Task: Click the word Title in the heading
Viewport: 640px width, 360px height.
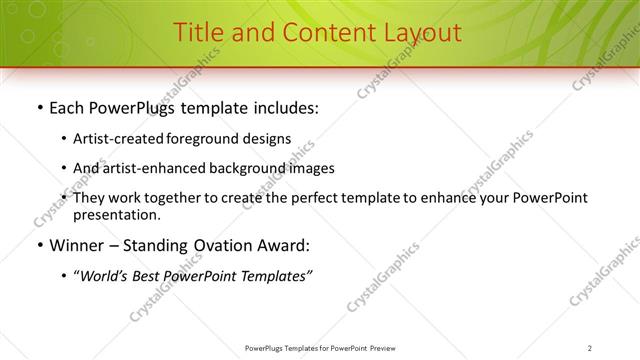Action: [198, 32]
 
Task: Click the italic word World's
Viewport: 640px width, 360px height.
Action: [105, 276]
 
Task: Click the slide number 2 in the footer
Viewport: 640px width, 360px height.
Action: [590, 347]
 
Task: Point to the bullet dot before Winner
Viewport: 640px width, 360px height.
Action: [38, 245]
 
